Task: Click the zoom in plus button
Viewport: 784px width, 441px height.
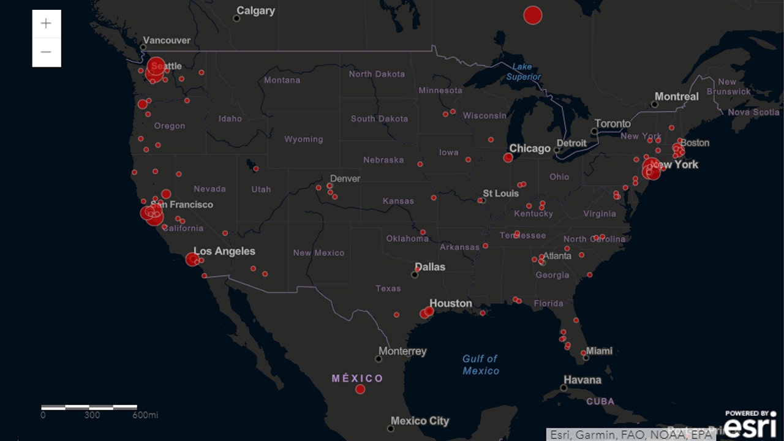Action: pyautogui.click(x=47, y=24)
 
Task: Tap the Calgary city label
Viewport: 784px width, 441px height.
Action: pyautogui.click(x=255, y=11)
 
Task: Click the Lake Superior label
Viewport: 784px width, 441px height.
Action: pyautogui.click(x=522, y=72)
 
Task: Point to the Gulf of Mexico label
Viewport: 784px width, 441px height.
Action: pyautogui.click(x=480, y=364)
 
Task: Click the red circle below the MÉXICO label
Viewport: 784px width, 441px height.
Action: pyautogui.click(x=360, y=389)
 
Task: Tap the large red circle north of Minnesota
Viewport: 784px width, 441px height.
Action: pyautogui.click(x=533, y=15)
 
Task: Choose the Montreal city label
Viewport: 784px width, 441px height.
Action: pyautogui.click(x=676, y=97)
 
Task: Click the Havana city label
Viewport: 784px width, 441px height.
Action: pyautogui.click(x=582, y=380)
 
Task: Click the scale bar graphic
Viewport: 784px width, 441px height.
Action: pyautogui.click(x=89, y=407)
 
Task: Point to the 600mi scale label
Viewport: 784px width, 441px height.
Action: pyautogui.click(x=145, y=415)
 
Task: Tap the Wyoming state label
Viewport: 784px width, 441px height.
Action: pyautogui.click(x=303, y=140)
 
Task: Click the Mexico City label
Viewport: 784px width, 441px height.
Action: pyautogui.click(x=420, y=421)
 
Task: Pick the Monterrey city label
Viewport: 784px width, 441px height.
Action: pyautogui.click(x=402, y=352)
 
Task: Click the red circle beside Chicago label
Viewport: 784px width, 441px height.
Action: pyautogui.click(x=508, y=158)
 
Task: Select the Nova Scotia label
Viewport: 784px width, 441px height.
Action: pyautogui.click(x=753, y=112)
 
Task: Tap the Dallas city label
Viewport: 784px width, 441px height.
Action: pyautogui.click(x=430, y=267)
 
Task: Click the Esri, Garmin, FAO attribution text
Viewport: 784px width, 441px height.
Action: pyautogui.click(x=631, y=434)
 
